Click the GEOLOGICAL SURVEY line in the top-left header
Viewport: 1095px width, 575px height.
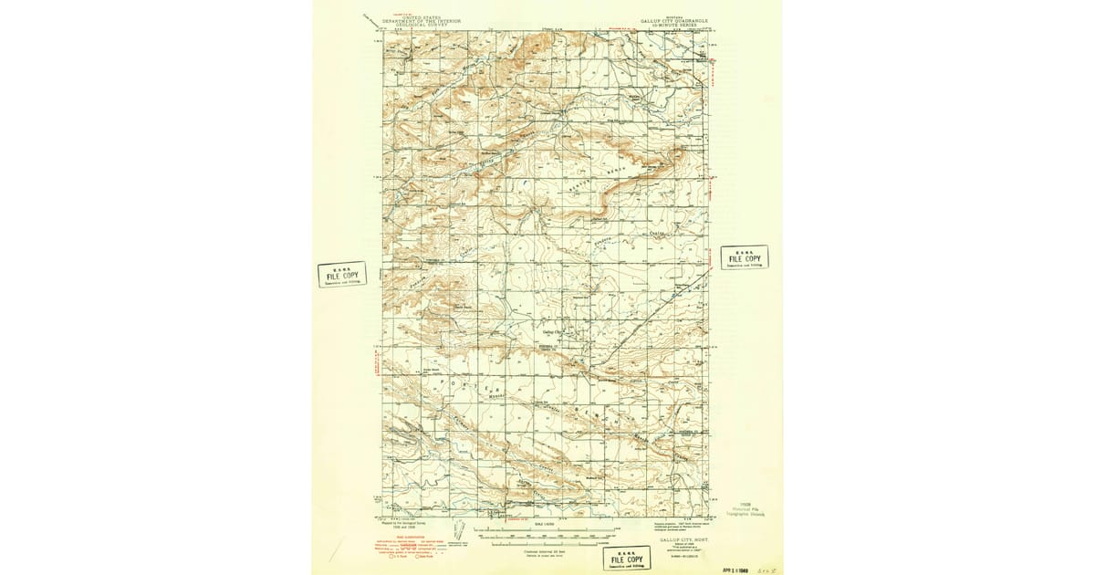(410, 25)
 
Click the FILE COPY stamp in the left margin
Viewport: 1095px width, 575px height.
(342, 276)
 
